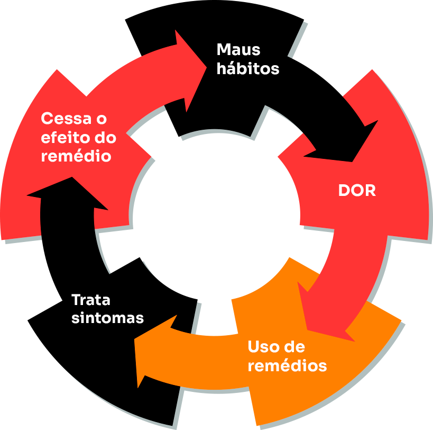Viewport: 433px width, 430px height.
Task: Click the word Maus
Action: coord(238,50)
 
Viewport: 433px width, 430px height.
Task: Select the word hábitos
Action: coord(247,68)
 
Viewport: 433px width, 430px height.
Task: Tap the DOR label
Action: coord(357,191)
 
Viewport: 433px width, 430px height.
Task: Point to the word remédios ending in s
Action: coord(287,366)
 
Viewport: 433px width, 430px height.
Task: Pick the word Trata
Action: coord(91,300)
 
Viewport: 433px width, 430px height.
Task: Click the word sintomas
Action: coord(107,318)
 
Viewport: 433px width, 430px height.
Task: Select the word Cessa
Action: coord(65,119)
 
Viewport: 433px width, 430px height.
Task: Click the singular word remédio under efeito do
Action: coord(76,157)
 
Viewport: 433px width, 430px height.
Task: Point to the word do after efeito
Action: coord(106,138)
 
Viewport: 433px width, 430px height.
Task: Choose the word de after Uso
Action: coord(294,347)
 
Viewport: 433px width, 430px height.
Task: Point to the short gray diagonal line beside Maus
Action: coord(297,39)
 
